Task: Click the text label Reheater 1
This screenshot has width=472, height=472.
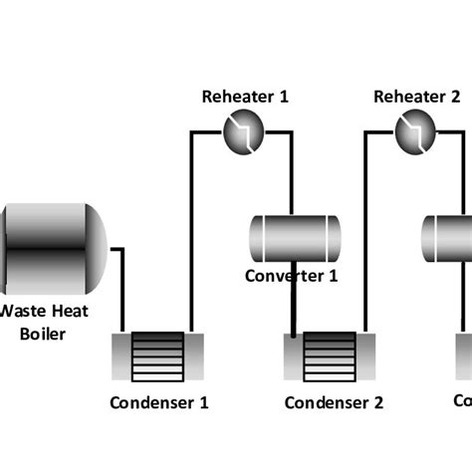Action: [245, 97]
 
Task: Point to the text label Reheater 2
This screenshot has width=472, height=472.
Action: [416, 97]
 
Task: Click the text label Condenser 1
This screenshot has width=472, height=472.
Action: [159, 403]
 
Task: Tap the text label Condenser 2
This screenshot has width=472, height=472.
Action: [333, 403]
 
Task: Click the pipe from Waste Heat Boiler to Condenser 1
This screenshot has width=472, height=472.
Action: [121, 289]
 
